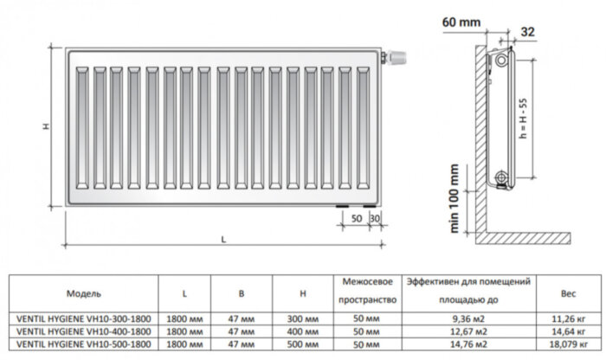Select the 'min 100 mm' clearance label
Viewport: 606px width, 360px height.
pos(450,194)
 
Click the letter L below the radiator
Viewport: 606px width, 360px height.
pos(222,240)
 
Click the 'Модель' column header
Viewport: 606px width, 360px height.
pos(84,292)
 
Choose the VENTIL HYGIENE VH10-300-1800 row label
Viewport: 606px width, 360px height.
pos(83,318)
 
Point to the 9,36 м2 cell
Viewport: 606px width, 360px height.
pos(468,318)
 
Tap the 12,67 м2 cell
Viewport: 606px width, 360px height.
pos(468,331)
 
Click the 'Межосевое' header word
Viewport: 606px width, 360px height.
pos(369,283)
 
